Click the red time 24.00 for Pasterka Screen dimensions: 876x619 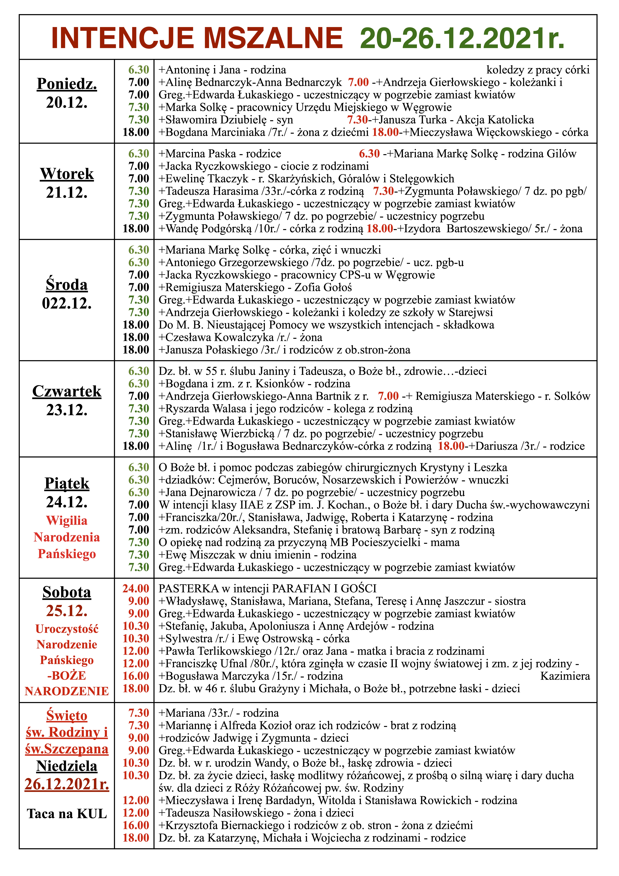(x=136, y=588)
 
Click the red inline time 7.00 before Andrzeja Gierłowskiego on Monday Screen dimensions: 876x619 (x=358, y=82)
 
